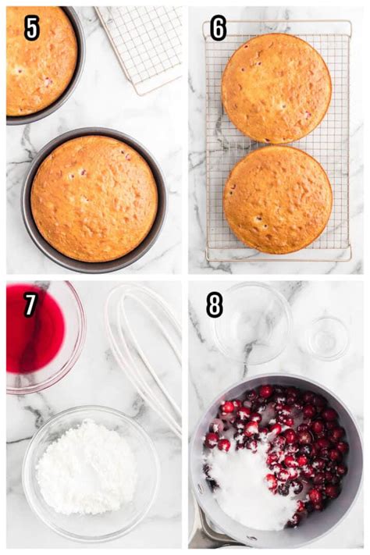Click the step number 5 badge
(32, 28)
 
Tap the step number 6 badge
(218, 28)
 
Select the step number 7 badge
(30, 304)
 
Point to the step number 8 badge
(214, 304)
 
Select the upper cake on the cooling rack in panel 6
(276, 87)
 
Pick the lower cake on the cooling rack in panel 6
(277, 199)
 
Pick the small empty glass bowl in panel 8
(326, 337)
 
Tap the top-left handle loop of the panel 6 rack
(208, 30)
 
